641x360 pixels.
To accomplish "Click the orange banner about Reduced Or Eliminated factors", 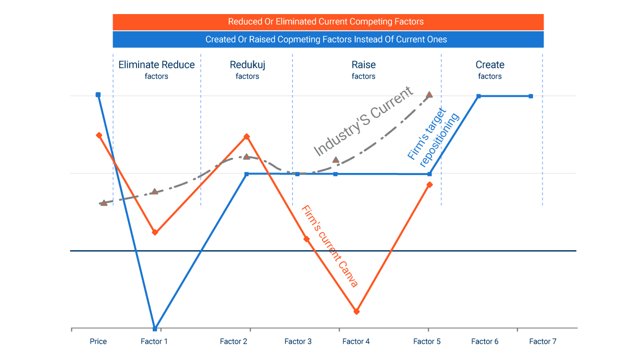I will click(x=328, y=22).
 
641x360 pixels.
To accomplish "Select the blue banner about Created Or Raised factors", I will click(x=328, y=40).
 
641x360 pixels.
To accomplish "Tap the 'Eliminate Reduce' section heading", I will click(x=156, y=65).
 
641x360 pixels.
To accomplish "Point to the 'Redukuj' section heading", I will click(x=248, y=65).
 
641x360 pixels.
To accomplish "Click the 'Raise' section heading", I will click(x=364, y=65).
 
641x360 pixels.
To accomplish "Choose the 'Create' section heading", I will click(x=490, y=65).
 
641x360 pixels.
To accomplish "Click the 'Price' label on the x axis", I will click(x=98, y=342).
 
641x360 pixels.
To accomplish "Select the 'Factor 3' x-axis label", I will click(x=298, y=342).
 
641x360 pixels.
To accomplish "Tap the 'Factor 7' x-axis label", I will click(x=543, y=342).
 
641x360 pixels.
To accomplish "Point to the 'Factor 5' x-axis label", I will click(x=427, y=342).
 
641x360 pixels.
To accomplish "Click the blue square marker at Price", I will click(x=98, y=95).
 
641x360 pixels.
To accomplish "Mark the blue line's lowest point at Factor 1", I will click(x=155, y=328).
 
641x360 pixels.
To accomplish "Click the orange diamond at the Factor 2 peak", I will click(x=246, y=136).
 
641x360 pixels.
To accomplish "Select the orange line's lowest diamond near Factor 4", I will click(x=356, y=312).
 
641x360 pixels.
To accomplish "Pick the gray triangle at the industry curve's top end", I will click(x=429, y=95).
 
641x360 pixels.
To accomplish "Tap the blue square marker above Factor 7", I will click(x=531, y=96).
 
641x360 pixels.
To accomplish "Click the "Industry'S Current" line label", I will click(x=363, y=121).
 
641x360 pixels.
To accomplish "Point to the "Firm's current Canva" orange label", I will click(x=330, y=246).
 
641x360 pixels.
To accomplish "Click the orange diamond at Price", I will click(x=99, y=135).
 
